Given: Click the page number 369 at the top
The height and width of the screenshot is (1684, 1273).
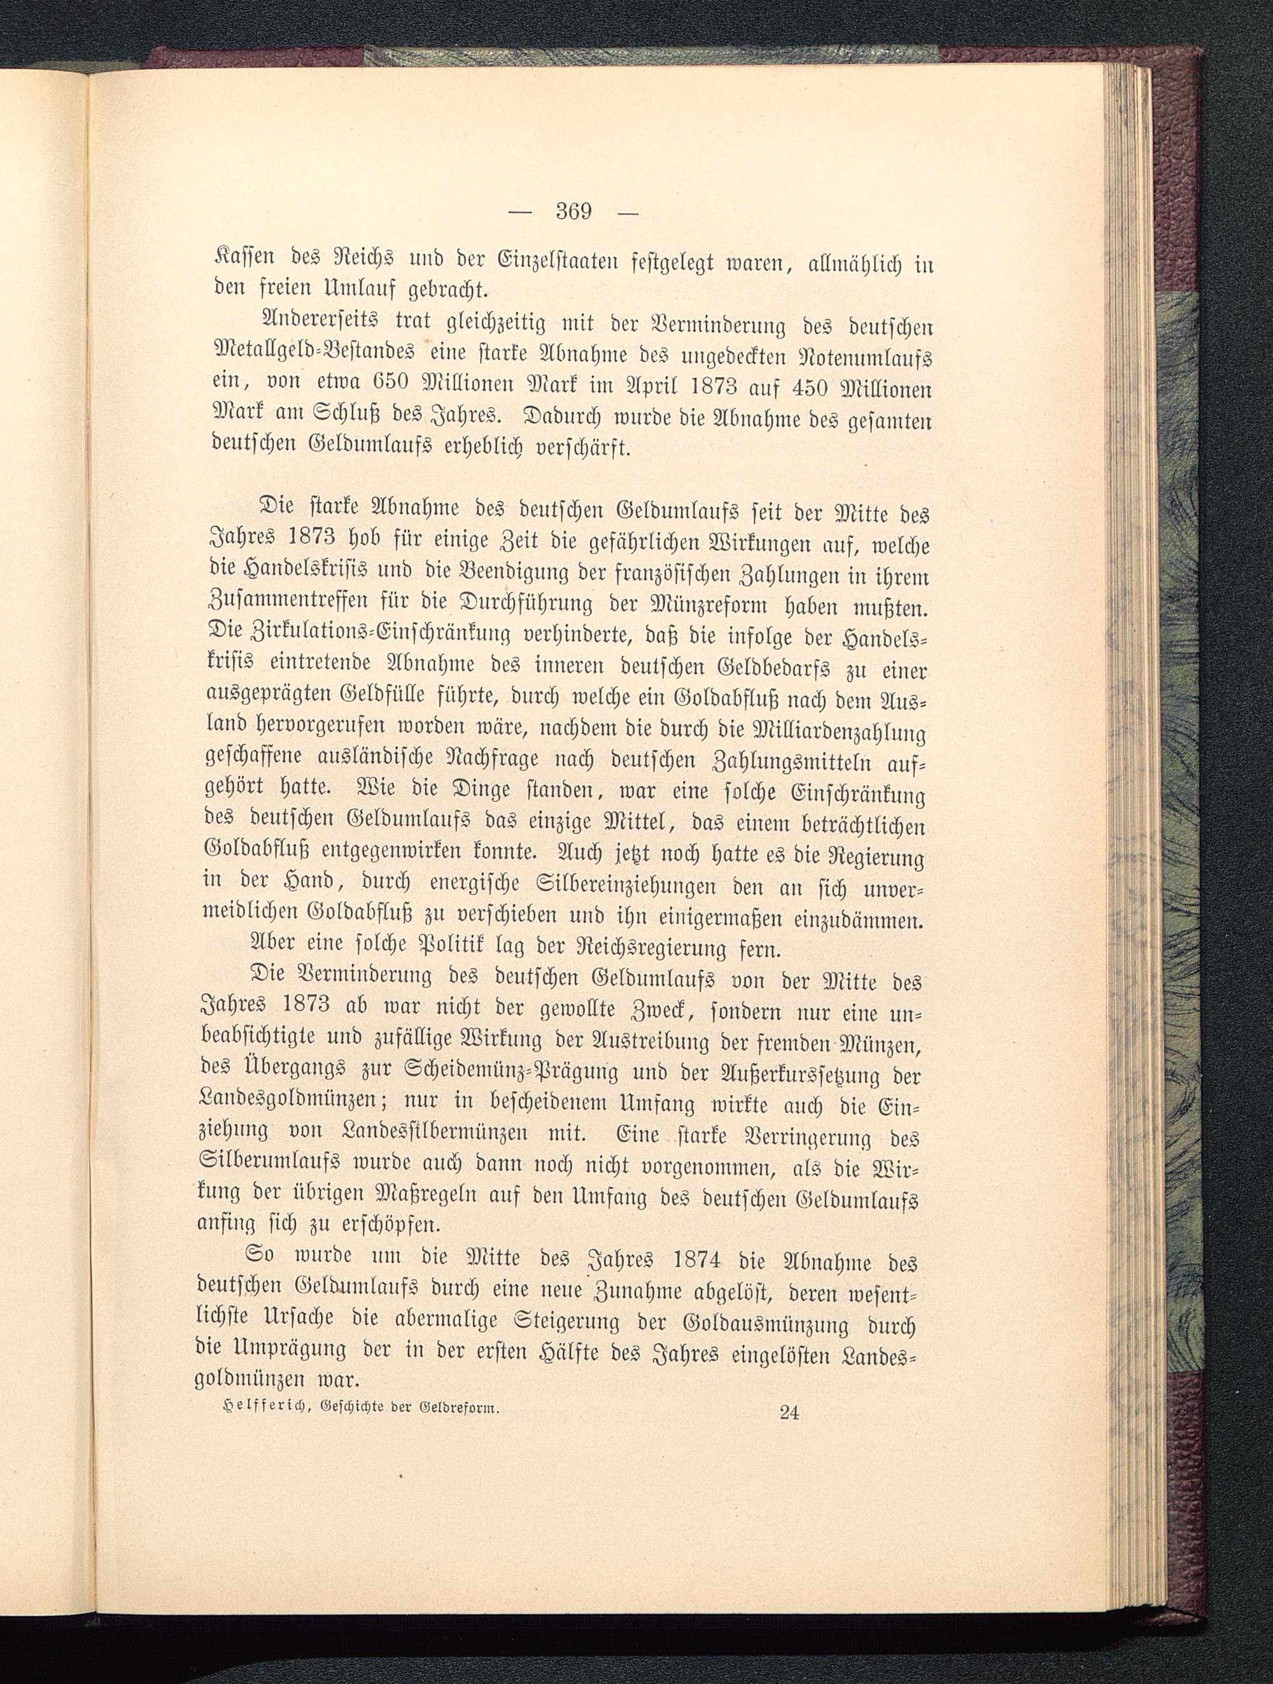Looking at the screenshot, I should point(573,211).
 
